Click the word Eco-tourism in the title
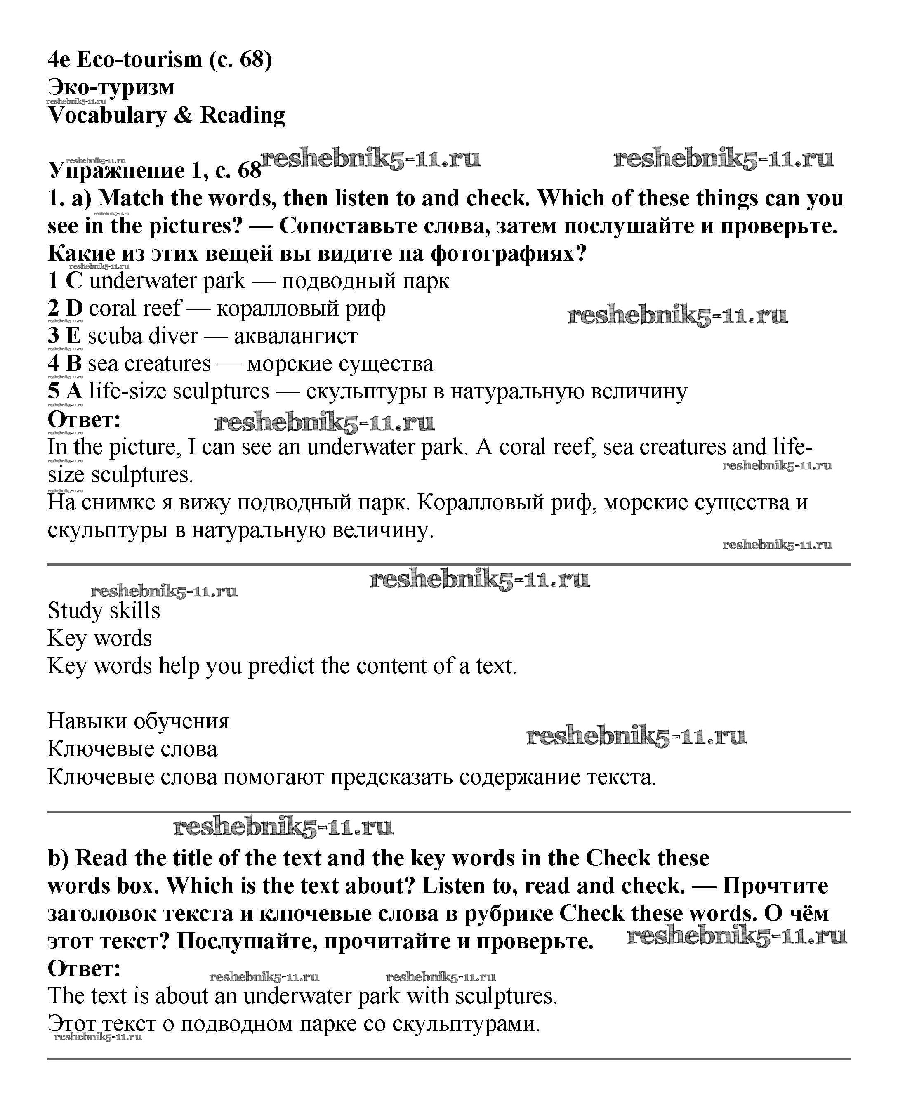click(139, 59)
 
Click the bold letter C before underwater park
click(74, 281)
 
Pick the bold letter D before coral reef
click(75, 309)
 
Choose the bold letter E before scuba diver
click(73, 336)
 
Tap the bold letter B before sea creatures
click(74, 364)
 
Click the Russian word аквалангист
click(295, 336)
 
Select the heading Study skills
click(104, 611)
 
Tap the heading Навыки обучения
click(138, 721)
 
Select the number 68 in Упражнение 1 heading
click(249, 170)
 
